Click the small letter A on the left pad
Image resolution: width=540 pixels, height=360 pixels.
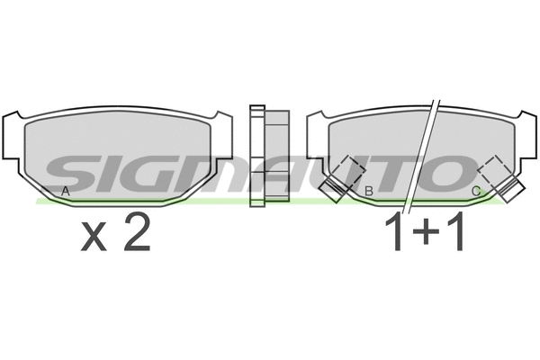point(65,191)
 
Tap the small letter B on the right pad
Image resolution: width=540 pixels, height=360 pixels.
point(369,191)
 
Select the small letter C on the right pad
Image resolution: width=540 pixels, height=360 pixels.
point(476,191)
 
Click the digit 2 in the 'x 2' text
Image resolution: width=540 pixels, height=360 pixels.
point(135,235)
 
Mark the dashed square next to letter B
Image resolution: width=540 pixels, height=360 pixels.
point(348,172)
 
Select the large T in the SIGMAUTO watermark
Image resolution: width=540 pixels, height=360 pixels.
point(396,170)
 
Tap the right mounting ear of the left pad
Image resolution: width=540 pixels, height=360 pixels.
point(223,135)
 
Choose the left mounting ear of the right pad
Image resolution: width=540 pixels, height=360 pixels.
point(316,135)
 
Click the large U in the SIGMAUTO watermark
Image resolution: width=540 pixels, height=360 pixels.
point(346,170)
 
